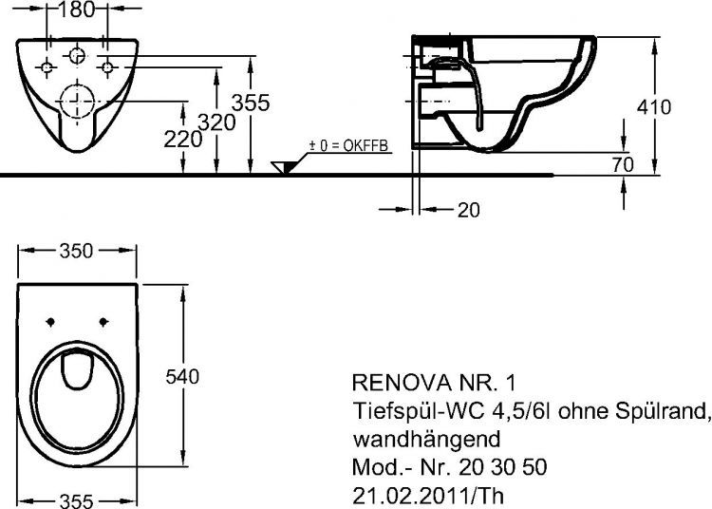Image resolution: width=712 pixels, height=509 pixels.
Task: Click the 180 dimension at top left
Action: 77,10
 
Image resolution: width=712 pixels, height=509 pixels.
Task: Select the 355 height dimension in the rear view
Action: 253,102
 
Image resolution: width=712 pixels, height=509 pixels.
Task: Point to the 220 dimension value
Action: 184,139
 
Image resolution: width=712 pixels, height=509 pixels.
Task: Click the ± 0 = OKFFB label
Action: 336,147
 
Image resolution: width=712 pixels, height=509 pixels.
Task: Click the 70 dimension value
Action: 623,164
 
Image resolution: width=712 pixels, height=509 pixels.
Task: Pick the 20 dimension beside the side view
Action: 468,211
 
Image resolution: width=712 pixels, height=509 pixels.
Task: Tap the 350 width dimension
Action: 77,251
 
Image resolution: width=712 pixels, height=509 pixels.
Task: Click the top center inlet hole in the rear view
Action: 77,56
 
